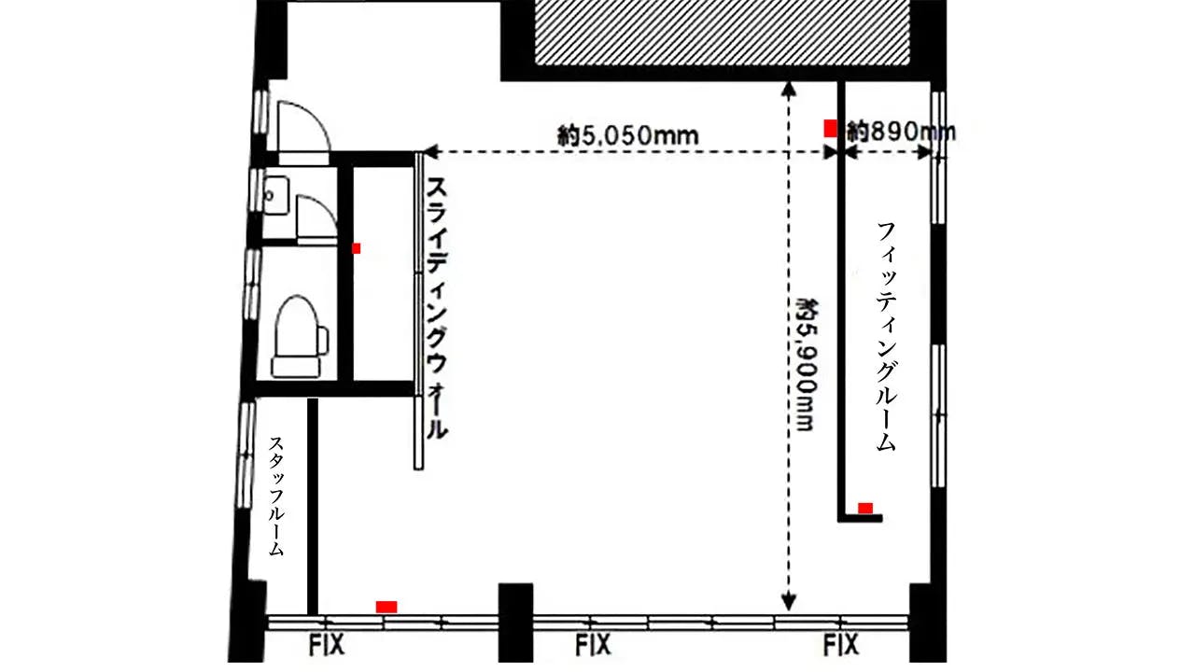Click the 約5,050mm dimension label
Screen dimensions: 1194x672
click(x=628, y=136)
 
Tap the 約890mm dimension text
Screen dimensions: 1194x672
click(x=902, y=132)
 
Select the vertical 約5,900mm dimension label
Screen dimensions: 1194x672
click(x=807, y=365)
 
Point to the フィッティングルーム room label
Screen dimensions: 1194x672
click(x=886, y=337)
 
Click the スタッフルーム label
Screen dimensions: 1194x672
click(x=276, y=497)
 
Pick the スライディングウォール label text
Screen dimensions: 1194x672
click(x=436, y=309)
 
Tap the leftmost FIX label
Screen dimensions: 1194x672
click(x=327, y=645)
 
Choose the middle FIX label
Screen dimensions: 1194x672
click(x=594, y=645)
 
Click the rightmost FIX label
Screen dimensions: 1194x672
click(x=841, y=645)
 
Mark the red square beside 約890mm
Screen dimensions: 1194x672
click(x=830, y=129)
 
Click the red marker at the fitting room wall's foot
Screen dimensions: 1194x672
click(x=865, y=508)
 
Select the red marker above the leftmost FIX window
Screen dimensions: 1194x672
click(x=386, y=607)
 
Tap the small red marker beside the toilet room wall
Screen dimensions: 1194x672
click(x=356, y=248)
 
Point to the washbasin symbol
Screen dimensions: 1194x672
click(x=276, y=196)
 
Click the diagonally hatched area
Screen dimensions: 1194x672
click(x=723, y=33)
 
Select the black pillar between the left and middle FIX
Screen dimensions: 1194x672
click(x=515, y=623)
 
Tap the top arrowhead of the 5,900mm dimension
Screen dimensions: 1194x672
click(x=788, y=89)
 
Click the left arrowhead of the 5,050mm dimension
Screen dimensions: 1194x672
click(x=430, y=152)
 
